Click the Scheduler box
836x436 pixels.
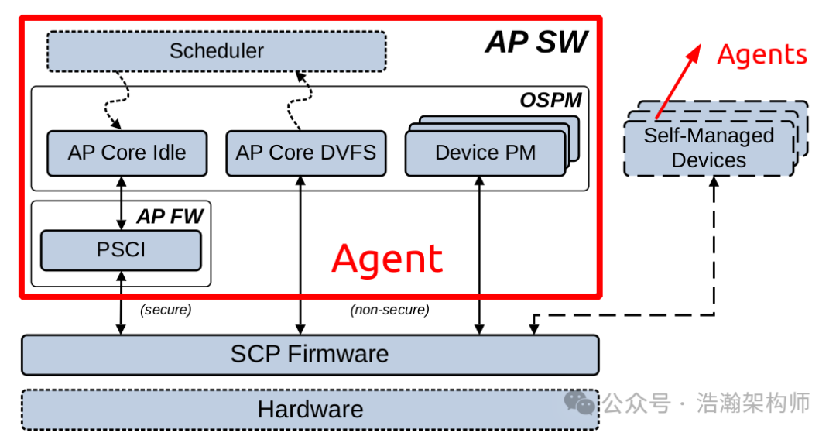216,51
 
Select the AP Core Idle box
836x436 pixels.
127,153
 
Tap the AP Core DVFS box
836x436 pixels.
306,153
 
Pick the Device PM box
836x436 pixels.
485,153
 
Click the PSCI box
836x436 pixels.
121,250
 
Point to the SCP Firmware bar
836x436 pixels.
310,355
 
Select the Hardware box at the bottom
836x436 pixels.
310,409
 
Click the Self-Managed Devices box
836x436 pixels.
709,148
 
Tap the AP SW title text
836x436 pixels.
536,42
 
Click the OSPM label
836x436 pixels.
550,100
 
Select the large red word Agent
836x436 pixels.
387,259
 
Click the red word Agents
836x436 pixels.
762,55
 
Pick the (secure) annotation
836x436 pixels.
166,310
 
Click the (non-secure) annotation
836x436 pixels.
389,310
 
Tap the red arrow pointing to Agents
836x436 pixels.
678,81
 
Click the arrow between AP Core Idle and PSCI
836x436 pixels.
122,202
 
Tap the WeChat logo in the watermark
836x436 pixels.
580,403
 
